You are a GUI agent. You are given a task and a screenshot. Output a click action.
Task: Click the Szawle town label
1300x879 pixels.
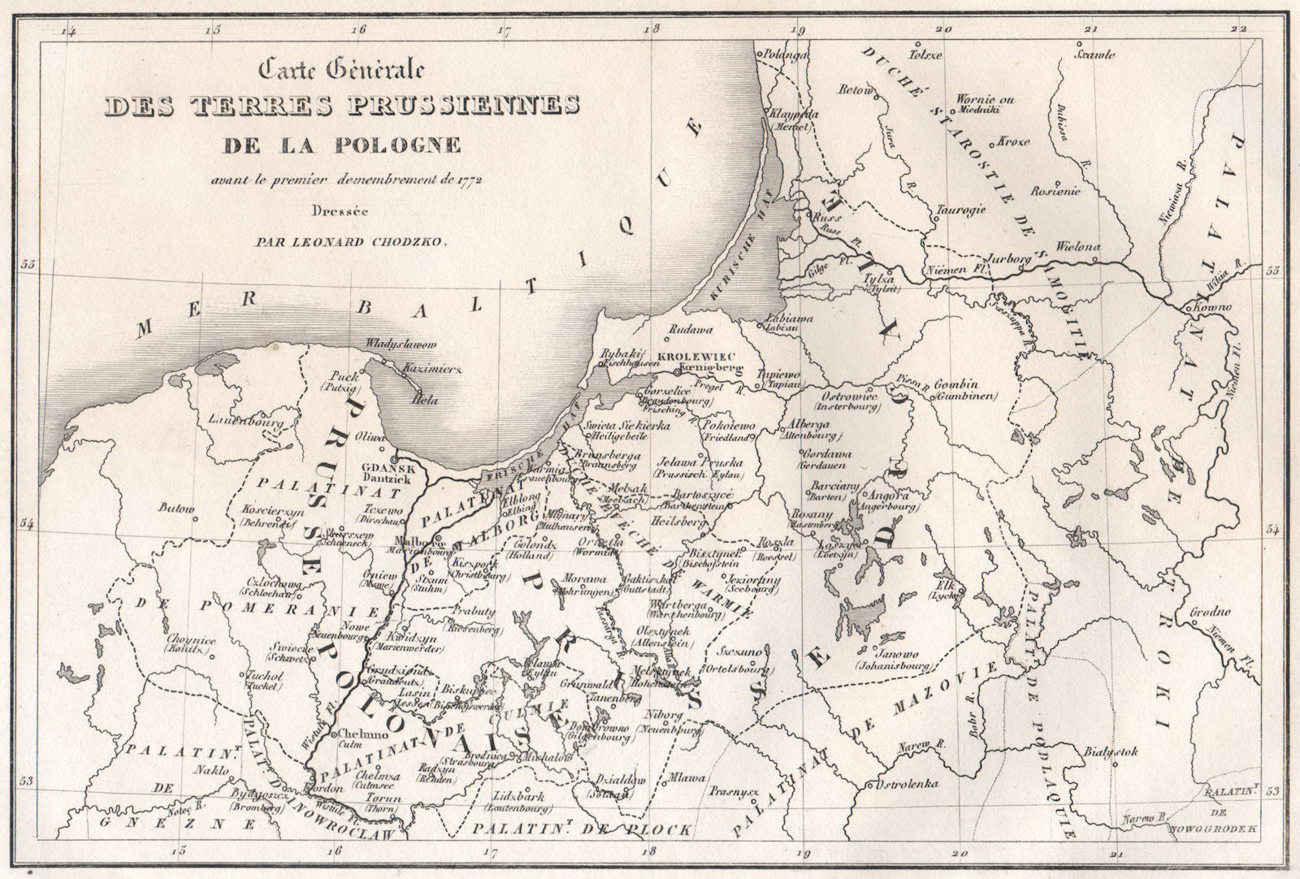(1094, 55)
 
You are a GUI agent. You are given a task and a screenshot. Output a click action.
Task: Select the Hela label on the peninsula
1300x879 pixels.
(419, 400)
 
